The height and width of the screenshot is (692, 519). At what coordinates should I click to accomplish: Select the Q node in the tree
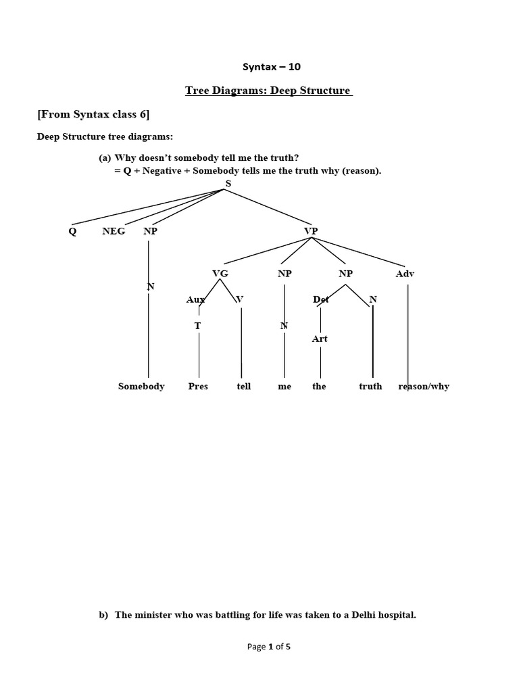[x=72, y=231]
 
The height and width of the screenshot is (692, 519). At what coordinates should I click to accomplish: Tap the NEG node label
[x=114, y=231]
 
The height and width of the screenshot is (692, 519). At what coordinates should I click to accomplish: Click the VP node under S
[x=311, y=231]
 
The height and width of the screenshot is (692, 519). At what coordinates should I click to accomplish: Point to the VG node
[x=220, y=274]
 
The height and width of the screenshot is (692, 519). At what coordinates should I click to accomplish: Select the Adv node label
[x=405, y=274]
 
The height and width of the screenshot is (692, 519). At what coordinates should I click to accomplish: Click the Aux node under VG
[x=195, y=299]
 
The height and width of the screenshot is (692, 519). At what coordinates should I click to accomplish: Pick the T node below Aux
[x=198, y=325]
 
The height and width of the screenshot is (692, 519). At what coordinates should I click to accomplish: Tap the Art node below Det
[x=320, y=339]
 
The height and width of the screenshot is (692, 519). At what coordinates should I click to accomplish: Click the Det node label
[x=321, y=299]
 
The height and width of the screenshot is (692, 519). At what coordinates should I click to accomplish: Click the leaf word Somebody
[x=141, y=387]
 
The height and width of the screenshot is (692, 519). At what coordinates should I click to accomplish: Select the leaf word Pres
[x=198, y=387]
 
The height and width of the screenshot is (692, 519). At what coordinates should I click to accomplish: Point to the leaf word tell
[x=243, y=387]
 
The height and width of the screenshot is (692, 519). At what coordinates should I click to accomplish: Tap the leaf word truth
[x=370, y=387]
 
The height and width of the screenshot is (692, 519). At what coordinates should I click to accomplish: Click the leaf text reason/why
[x=424, y=387]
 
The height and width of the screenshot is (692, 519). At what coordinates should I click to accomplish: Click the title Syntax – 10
[x=267, y=66]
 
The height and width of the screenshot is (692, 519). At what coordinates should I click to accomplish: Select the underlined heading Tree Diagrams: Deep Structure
[x=268, y=91]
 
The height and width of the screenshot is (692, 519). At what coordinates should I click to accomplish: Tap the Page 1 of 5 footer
[x=269, y=647]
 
